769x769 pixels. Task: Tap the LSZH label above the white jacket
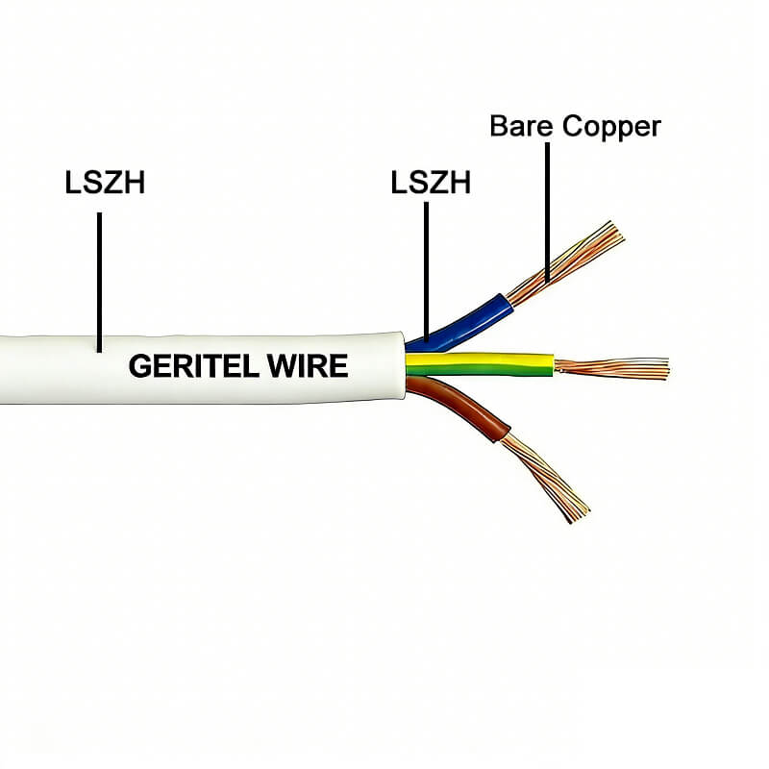(105, 183)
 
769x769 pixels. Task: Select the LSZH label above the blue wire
(431, 183)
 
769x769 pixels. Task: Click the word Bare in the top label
(522, 126)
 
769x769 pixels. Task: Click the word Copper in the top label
(612, 127)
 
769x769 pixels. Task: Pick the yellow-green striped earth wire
(481, 363)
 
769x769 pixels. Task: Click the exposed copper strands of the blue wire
(567, 260)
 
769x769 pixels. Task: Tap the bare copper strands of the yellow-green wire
(615, 367)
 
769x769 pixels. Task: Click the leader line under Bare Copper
(548, 211)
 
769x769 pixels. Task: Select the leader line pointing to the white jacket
(99, 279)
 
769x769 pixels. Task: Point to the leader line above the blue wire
(426, 269)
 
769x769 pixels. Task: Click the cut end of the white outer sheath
(401, 365)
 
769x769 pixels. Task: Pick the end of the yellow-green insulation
(553, 363)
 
